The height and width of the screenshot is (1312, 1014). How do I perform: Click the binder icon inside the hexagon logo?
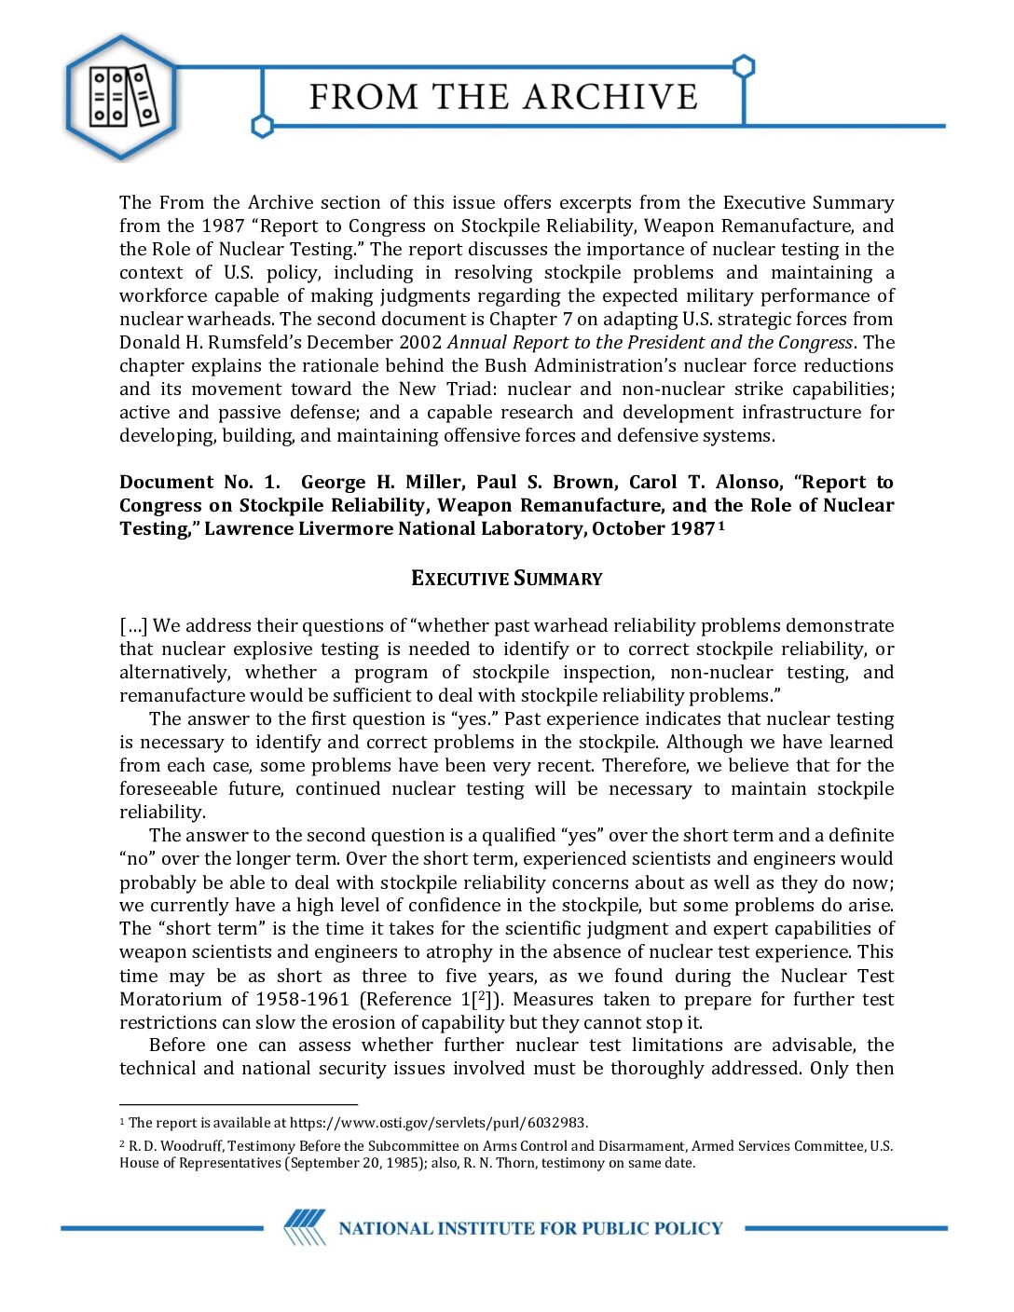click(121, 96)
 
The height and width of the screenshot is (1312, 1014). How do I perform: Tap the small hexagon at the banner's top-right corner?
click(744, 67)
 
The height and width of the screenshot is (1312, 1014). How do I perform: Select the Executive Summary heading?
click(507, 579)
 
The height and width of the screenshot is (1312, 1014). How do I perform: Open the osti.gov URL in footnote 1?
click(438, 1123)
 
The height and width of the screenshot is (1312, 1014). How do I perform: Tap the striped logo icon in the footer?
click(305, 1227)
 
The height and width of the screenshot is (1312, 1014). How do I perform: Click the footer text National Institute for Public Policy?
click(530, 1228)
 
